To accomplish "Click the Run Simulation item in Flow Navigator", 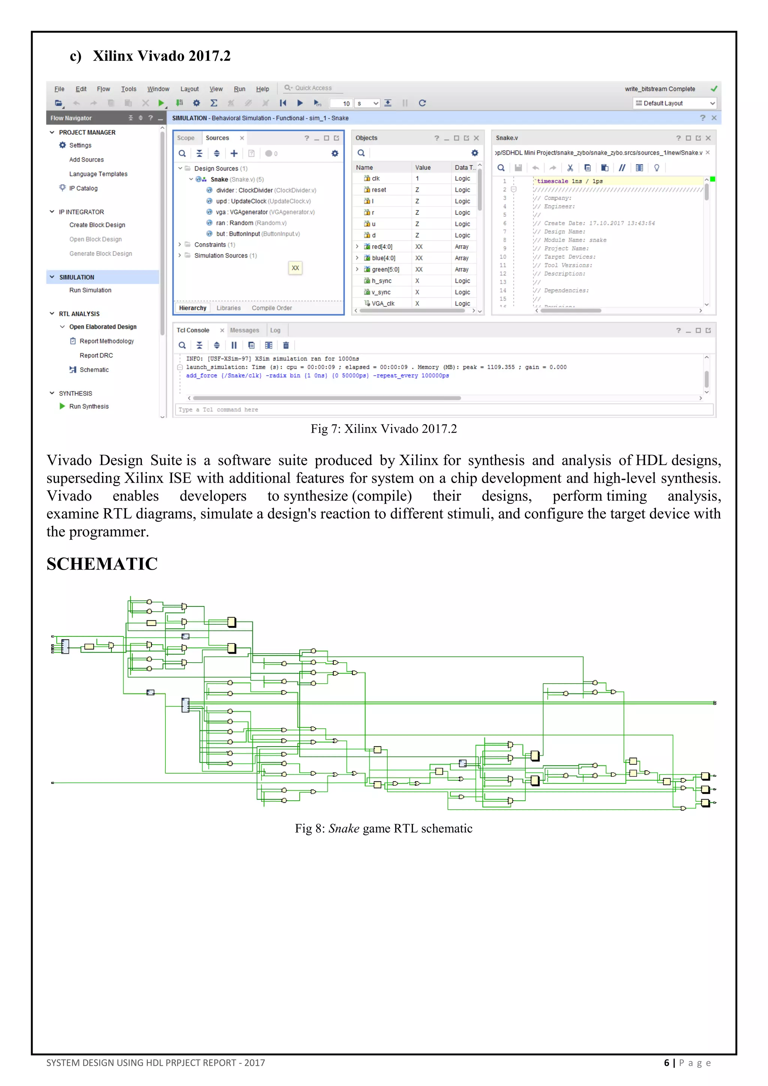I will [90, 290].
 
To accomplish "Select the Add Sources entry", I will [87, 159].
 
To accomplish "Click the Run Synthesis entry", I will [89, 406].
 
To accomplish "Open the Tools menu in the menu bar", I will [128, 89].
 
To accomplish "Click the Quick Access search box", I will [313, 88].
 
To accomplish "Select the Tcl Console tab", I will [193, 330].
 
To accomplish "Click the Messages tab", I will [244, 330].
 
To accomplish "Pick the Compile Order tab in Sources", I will [271, 308].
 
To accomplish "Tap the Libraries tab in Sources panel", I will [228, 308].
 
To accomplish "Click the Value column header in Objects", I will [423, 168].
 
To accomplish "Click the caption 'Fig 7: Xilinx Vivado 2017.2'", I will [384, 429].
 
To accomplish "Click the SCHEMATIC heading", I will [102, 564].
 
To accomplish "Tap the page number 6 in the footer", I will [666, 1063].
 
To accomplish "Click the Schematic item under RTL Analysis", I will [94, 369].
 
